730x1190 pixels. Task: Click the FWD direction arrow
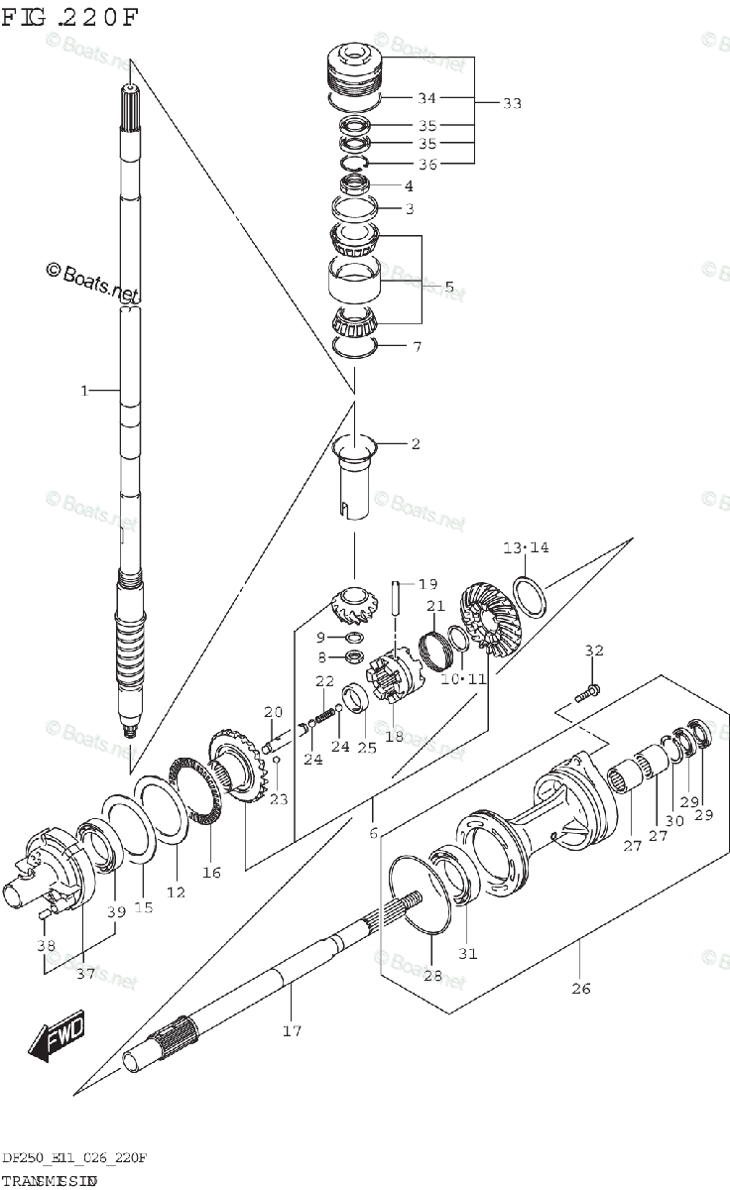click(58, 1037)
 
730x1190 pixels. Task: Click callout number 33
click(512, 103)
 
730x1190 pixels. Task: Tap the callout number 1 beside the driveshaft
click(85, 391)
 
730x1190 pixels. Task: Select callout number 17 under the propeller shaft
click(291, 1030)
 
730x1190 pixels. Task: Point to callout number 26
click(581, 988)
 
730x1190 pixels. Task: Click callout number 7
click(417, 347)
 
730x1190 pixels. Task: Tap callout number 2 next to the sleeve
click(415, 443)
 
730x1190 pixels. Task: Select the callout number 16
click(211, 872)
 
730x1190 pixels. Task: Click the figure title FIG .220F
click(71, 17)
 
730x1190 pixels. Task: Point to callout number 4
click(408, 185)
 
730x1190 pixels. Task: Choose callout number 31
click(467, 954)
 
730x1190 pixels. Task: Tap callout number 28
click(431, 977)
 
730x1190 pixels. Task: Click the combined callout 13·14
click(525, 547)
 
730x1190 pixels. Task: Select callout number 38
click(47, 946)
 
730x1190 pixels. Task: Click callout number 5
click(448, 287)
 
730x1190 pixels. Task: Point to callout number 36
click(426, 164)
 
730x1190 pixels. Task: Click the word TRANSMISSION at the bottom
click(49, 1181)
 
